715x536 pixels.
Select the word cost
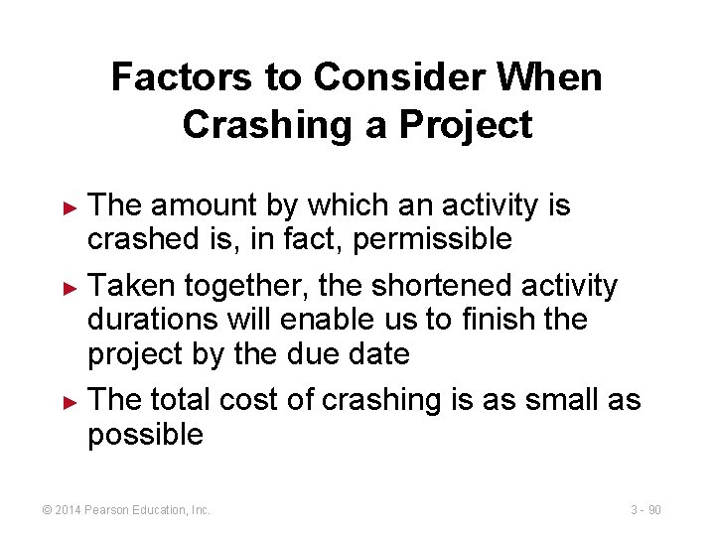[x=250, y=400]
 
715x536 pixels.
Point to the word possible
[x=145, y=434]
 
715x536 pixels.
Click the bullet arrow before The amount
[x=69, y=207]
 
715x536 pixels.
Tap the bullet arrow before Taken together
[x=69, y=288]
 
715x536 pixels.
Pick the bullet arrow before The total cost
[x=69, y=401]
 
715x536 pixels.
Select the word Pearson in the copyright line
[x=110, y=510]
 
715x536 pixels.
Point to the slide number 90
[x=654, y=510]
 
